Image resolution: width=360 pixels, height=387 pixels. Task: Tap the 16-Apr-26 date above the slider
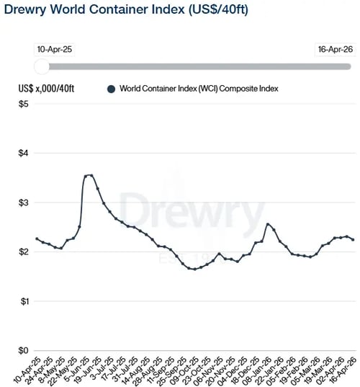[x=336, y=50]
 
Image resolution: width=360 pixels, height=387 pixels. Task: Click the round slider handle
[x=42, y=66]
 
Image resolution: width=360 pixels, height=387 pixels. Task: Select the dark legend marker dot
[x=111, y=89]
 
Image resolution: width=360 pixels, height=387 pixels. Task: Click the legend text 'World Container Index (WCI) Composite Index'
[x=199, y=89]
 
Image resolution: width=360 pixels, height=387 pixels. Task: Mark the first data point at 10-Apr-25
[x=37, y=239]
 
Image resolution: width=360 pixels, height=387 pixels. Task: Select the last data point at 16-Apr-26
[x=352, y=239]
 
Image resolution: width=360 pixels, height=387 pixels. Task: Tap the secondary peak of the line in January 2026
[x=268, y=224]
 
